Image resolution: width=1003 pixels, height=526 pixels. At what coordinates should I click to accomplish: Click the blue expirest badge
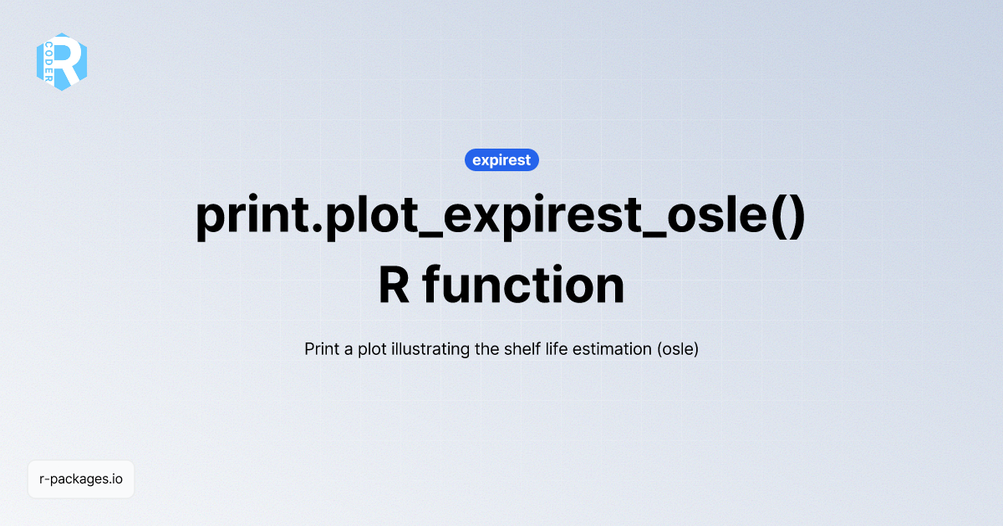point(501,159)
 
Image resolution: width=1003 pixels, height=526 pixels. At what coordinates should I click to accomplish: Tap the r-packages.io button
point(81,479)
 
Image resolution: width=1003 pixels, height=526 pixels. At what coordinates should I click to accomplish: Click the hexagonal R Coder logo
point(62,62)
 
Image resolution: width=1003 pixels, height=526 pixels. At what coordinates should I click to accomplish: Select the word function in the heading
point(523,285)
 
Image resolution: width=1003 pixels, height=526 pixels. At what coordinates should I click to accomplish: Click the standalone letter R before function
point(393,285)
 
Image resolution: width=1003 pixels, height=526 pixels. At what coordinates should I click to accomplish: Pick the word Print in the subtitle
point(323,348)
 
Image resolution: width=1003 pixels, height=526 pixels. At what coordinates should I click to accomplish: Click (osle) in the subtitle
point(678,348)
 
